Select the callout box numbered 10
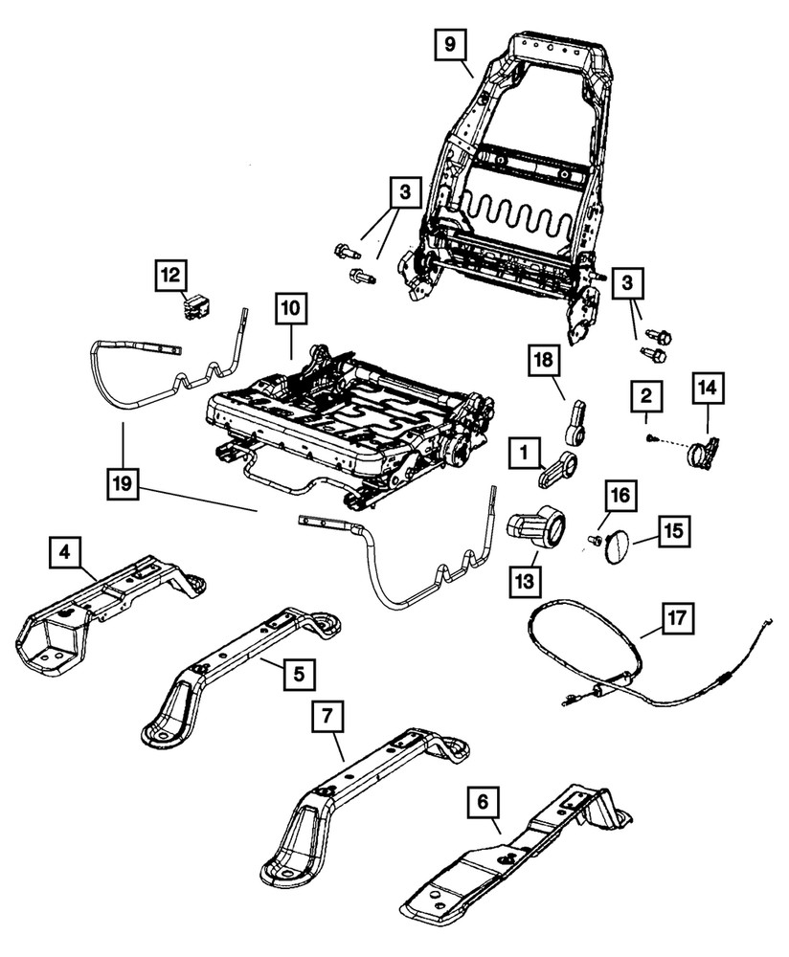(x=291, y=310)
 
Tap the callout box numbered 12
(x=172, y=276)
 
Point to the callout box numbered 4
(x=63, y=554)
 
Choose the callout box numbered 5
(x=299, y=675)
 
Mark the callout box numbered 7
(x=328, y=716)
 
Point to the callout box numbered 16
(x=620, y=495)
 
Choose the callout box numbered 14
(x=709, y=389)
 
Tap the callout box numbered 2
(x=646, y=395)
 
